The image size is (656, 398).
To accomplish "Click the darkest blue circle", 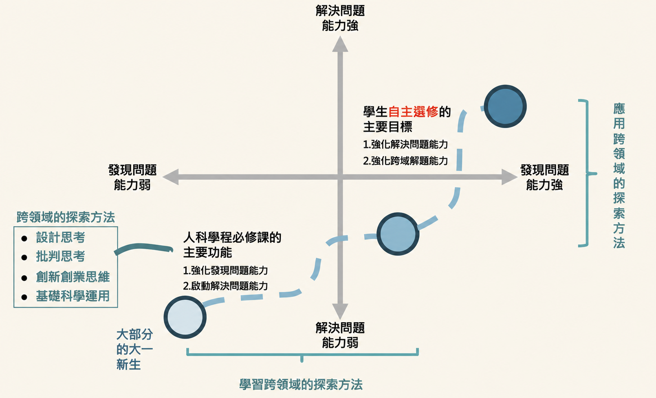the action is click(x=505, y=106).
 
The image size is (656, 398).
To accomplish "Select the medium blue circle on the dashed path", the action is click(x=398, y=234).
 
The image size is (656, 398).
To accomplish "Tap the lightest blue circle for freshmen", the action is click(x=185, y=317).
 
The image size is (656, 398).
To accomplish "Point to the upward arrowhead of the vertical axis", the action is click(x=340, y=44).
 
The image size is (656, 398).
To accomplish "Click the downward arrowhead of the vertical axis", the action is click(x=340, y=311).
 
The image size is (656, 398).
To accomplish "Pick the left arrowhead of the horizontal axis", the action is click(x=171, y=177).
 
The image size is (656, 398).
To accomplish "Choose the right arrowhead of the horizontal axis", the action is click(x=510, y=177).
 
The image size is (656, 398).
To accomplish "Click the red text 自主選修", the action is click(x=413, y=112).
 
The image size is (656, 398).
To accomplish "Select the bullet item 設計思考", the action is click(x=61, y=237).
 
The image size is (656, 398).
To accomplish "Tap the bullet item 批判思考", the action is click(x=61, y=257).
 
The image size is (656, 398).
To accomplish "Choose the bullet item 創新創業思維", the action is click(x=73, y=277).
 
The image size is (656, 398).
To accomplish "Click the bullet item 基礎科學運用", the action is click(x=73, y=296).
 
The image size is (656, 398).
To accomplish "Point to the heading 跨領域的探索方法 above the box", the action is click(x=66, y=217).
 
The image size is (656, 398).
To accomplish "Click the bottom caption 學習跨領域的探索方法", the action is click(x=301, y=385).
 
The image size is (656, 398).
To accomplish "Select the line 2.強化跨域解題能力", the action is click(x=405, y=161).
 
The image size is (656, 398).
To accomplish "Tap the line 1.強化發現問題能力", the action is click(x=225, y=270).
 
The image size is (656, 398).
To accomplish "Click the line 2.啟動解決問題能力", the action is click(x=225, y=286).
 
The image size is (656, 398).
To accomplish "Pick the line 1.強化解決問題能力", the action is click(x=405, y=144).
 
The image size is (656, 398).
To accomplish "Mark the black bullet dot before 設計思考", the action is click(x=24, y=238).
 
